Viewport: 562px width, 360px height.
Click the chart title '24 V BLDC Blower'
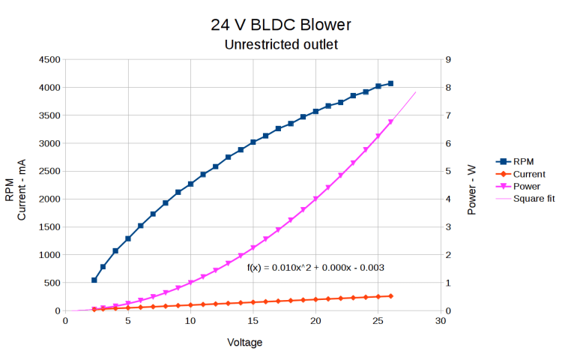[x=281, y=25]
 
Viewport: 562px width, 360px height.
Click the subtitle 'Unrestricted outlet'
[x=281, y=45]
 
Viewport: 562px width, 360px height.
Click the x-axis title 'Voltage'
[x=245, y=342]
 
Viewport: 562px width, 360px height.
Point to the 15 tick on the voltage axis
[x=253, y=321]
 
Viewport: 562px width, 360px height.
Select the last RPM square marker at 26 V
[x=390, y=83]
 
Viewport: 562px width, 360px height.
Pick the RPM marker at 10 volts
[x=190, y=184]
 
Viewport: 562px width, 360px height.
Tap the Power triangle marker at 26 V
[x=390, y=122]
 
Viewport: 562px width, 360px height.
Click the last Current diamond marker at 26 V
[x=390, y=296]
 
